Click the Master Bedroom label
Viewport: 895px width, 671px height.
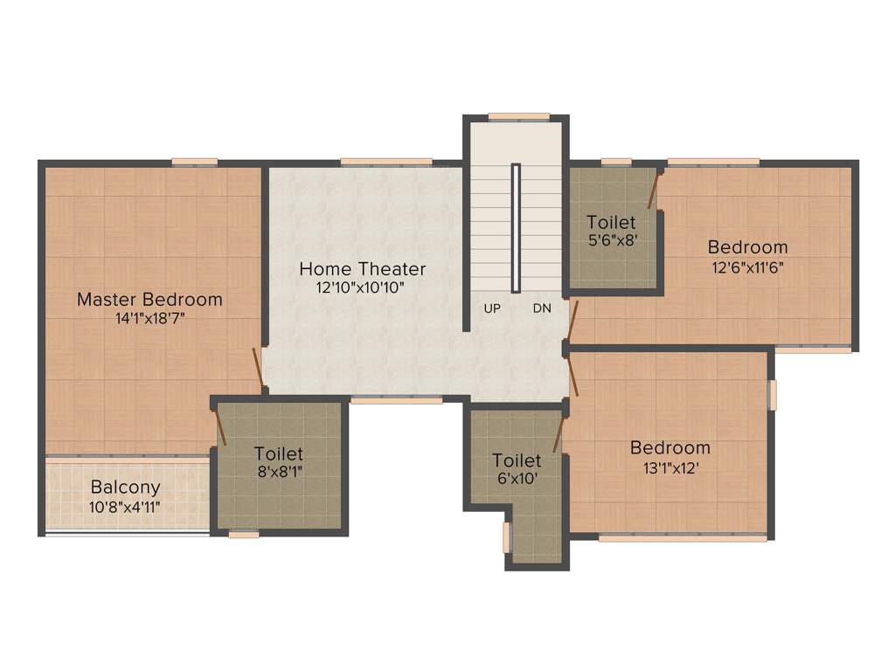[149, 299]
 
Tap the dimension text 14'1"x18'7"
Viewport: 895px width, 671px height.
[149, 319]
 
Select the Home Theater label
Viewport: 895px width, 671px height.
[362, 268]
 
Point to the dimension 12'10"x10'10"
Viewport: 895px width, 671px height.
[362, 287]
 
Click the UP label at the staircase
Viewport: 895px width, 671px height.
[492, 308]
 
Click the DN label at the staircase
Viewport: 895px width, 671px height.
[542, 308]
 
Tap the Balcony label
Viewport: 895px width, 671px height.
[126, 488]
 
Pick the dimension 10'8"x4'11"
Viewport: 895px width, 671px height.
[126, 507]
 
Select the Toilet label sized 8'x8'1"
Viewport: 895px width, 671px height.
[279, 453]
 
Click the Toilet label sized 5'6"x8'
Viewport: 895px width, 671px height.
[611, 222]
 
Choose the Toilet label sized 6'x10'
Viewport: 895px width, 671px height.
[517, 460]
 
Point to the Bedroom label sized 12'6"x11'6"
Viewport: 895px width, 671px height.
[747, 247]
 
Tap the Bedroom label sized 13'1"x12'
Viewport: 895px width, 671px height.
[670, 447]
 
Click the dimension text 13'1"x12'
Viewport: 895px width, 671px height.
[670, 467]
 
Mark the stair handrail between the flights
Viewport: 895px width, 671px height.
[517, 228]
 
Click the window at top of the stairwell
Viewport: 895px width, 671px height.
[518, 116]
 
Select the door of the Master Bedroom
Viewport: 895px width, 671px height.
[258, 370]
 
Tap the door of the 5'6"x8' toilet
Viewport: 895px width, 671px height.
[653, 189]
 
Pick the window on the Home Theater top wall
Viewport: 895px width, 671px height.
[385, 162]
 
